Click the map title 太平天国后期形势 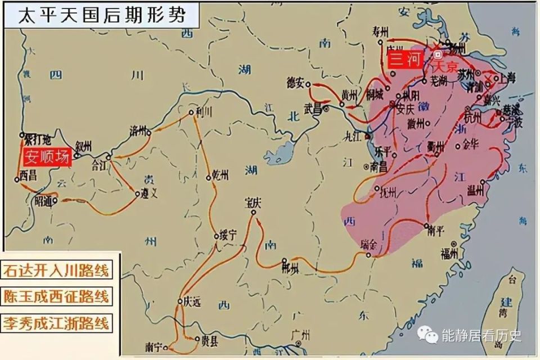[101, 13]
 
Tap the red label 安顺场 [47, 157]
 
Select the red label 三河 [404, 60]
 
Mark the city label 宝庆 [253, 202]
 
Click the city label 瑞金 [370, 246]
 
